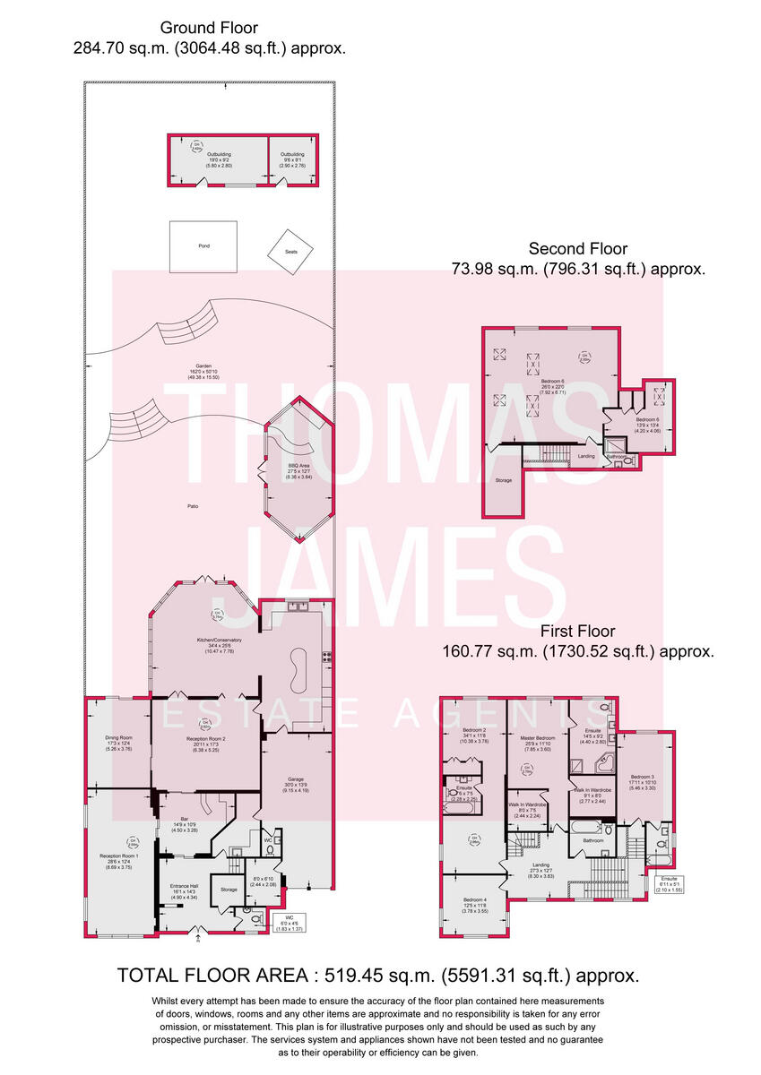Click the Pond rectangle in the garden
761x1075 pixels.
click(x=203, y=246)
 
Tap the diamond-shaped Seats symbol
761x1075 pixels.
click(x=291, y=251)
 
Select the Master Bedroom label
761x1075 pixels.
click(x=538, y=743)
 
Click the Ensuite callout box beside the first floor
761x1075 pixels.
click(x=669, y=884)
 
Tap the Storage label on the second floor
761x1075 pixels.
click(x=504, y=481)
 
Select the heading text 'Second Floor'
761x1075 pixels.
click(x=577, y=249)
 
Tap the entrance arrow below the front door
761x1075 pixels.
click(x=199, y=940)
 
